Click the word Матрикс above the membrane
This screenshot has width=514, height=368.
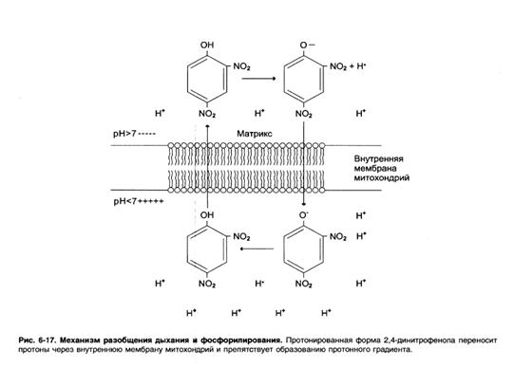(x=255, y=134)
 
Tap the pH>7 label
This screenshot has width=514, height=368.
(x=124, y=134)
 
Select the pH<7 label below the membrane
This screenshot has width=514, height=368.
(x=124, y=201)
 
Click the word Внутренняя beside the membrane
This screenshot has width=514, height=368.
(x=379, y=159)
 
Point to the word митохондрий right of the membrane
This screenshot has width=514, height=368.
(x=382, y=178)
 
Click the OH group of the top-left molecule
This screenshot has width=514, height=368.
(x=207, y=45)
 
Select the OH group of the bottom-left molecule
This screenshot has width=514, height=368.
(x=207, y=215)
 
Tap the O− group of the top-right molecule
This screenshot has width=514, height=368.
(x=307, y=45)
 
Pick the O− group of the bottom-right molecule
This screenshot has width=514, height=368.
(x=304, y=215)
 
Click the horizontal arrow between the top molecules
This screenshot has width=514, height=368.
(x=258, y=79)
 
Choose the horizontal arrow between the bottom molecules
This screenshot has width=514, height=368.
(x=257, y=248)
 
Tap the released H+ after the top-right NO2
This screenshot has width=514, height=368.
(x=361, y=66)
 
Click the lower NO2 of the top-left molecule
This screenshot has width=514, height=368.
(x=207, y=114)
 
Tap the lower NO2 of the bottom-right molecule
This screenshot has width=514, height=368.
(x=304, y=284)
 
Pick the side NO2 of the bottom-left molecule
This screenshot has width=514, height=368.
(x=241, y=236)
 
